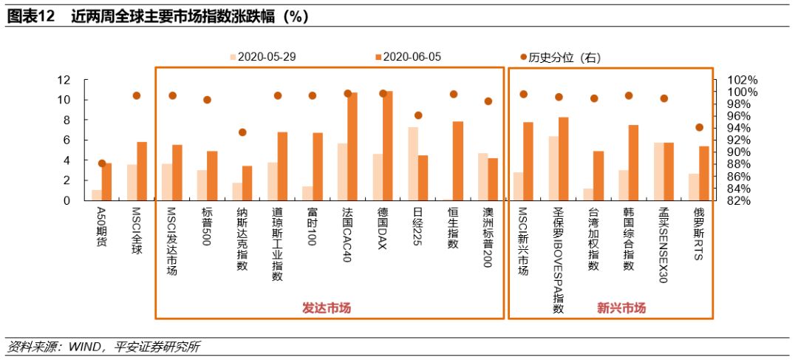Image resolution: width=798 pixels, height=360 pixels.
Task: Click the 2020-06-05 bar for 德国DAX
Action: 388,146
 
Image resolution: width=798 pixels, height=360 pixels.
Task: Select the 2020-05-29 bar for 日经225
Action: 413,163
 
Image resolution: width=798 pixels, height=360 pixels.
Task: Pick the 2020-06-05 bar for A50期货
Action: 107,181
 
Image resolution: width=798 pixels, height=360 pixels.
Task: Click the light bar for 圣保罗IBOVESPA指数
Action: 553,168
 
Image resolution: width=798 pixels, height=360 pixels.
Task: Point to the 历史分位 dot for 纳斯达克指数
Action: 242,132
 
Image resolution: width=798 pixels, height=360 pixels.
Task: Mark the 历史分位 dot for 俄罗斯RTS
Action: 700,127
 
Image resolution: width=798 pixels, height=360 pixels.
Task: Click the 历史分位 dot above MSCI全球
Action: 137,95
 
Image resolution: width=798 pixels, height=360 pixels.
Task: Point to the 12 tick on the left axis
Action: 64,80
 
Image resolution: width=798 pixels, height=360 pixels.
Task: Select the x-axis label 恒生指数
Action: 453,228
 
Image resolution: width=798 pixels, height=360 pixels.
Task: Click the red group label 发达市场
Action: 327,308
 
